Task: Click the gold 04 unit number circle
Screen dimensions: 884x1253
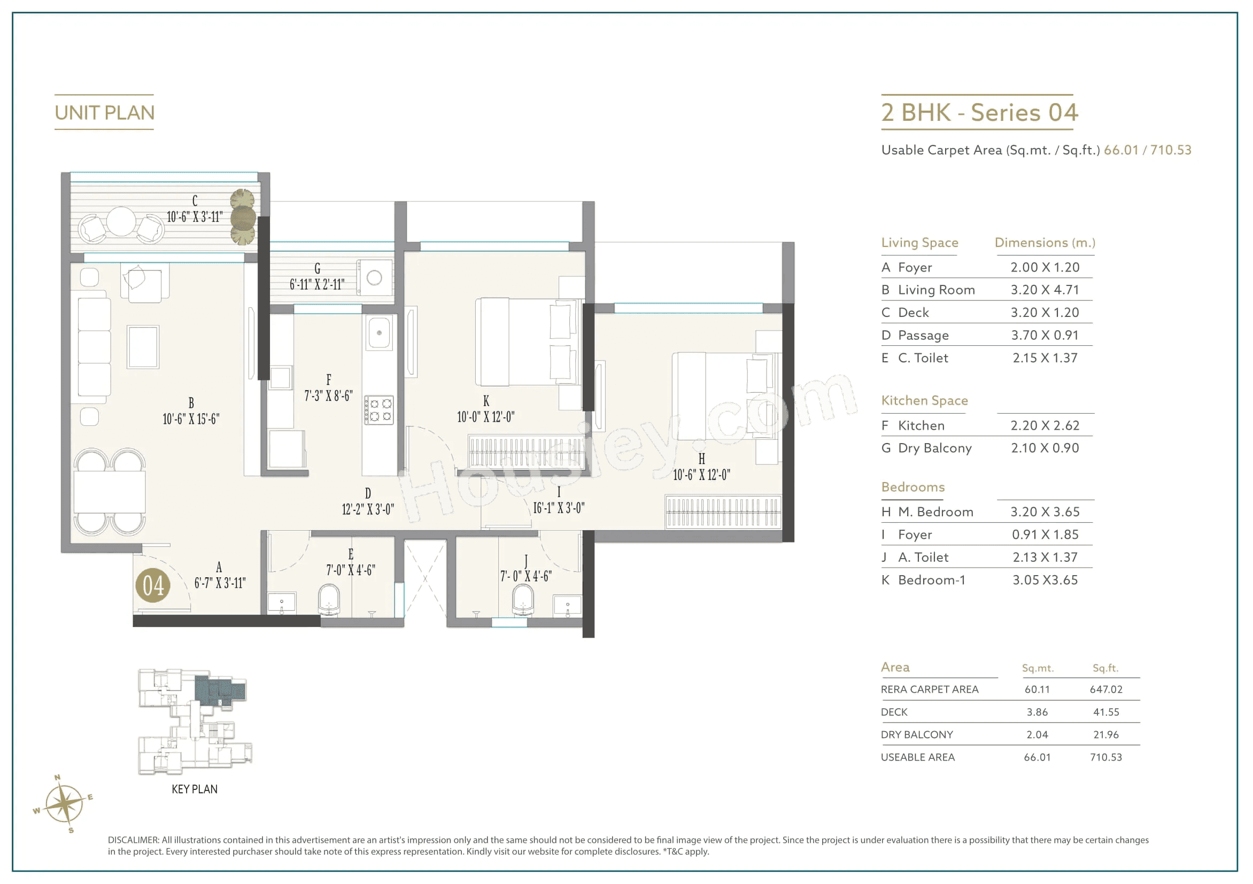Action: pyautogui.click(x=153, y=586)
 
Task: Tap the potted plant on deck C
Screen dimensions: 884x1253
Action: pyautogui.click(x=243, y=218)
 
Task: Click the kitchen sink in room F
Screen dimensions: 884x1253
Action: pyautogui.click(x=380, y=333)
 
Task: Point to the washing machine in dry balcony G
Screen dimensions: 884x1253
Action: pyautogui.click(x=374, y=278)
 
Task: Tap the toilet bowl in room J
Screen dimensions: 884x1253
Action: pyautogui.click(x=523, y=600)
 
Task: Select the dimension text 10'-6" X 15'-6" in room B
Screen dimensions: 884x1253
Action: pyautogui.click(x=191, y=419)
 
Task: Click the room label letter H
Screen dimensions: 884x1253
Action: pyautogui.click(x=701, y=459)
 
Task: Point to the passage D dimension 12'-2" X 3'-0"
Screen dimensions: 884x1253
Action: pyautogui.click(x=368, y=509)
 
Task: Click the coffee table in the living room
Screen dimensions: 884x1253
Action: pyautogui.click(x=143, y=347)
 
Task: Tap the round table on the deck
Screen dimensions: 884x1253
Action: pyautogui.click(x=121, y=222)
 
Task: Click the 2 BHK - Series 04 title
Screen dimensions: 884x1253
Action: pyautogui.click(x=980, y=113)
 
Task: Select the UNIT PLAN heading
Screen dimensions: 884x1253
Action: pyautogui.click(x=105, y=113)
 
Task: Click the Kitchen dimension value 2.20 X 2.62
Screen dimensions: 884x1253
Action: pyautogui.click(x=1045, y=425)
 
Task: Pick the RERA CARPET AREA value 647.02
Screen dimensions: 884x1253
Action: pyautogui.click(x=1105, y=690)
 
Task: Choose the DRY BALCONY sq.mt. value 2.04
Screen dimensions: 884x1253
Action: pyautogui.click(x=1037, y=735)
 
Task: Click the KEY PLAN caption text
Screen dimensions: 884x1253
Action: pyautogui.click(x=194, y=789)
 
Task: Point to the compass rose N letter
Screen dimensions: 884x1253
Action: pyautogui.click(x=57, y=778)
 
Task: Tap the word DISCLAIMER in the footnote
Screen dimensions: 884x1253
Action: pyautogui.click(x=133, y=840)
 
